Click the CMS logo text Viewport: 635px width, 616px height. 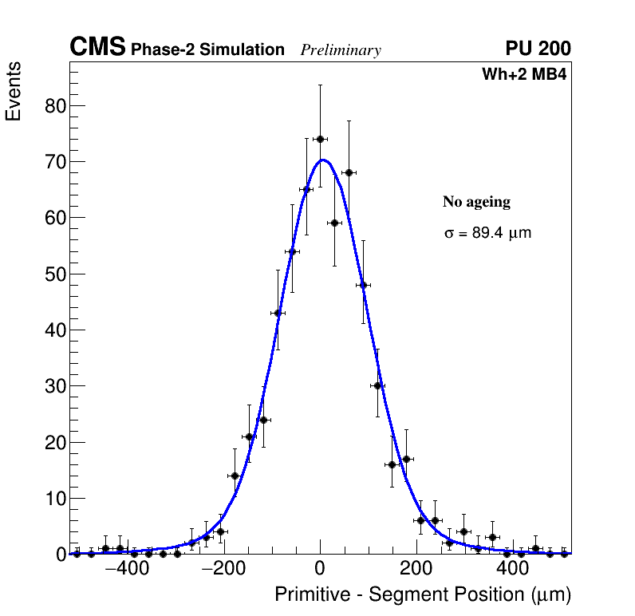tap(97, 48)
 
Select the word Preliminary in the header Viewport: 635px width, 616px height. tap(341, 50)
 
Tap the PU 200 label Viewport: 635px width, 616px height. tap(538, 49)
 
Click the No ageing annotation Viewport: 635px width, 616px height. tap(476, 203)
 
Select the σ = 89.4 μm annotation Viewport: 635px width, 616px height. tap(487, 234)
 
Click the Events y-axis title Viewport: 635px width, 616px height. tap(14, 92)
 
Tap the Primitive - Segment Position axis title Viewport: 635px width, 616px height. tap(423, 595)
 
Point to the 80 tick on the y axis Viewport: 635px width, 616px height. tap(52, 106)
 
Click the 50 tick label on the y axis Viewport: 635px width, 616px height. tap(52, 274)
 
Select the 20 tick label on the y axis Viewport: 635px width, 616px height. tap(52, 443)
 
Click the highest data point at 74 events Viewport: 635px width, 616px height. tap(320, 139)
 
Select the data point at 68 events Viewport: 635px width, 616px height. tap(349, 172)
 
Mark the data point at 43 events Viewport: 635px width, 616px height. tap(278, 313)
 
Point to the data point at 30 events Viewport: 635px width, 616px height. tap(377, 385)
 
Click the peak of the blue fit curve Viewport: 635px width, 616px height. tap(323, 160)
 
